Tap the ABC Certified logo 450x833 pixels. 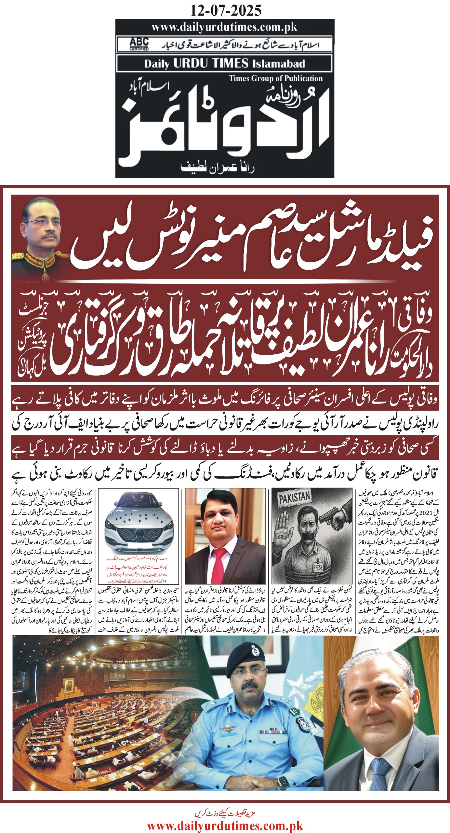139,44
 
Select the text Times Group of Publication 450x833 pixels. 276,78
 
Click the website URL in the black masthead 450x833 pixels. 224,27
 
